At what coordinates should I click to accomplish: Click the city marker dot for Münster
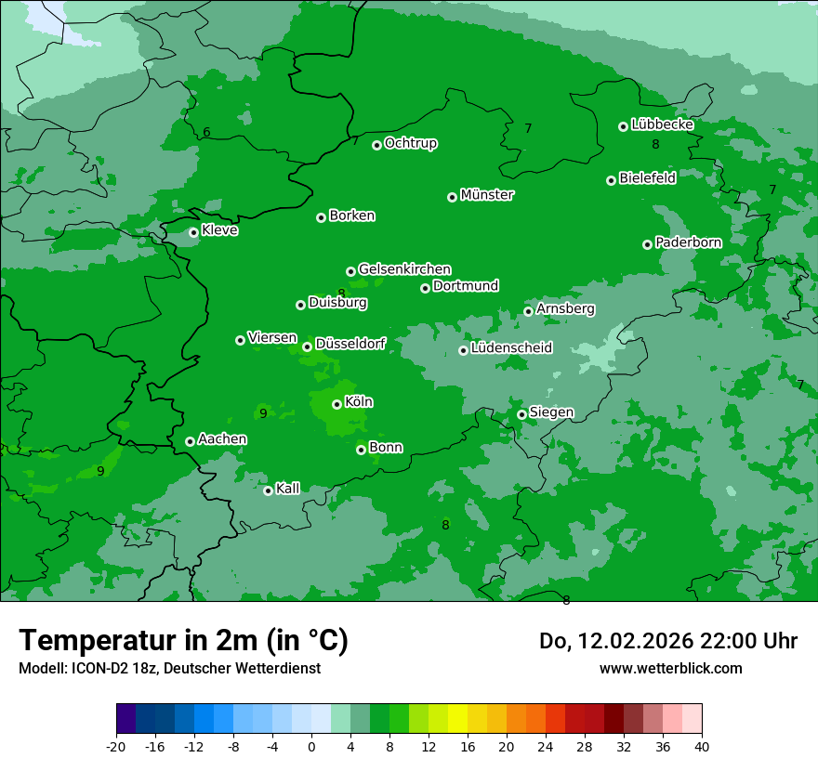pos(453,197)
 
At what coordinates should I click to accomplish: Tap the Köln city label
pos(359,402)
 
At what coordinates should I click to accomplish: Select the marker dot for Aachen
pos(190,441)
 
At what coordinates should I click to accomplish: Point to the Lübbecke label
pos(662,124)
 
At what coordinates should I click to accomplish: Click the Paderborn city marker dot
pos(647,244)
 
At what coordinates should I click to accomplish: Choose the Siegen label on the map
pos(551,412)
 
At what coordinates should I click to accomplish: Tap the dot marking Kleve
pos(193,232)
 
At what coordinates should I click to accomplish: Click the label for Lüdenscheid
pos(511,348)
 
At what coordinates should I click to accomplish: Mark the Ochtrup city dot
pos(376,145)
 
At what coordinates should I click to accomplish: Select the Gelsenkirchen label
pos(404,269)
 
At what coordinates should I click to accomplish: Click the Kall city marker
pos(268,490)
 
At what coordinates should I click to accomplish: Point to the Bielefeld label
pos(647,178)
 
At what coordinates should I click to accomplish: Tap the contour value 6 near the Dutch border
pos(206,133)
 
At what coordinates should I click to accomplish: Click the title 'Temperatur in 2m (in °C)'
pos(183,641)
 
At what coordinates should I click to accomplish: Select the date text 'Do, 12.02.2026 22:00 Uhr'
pos(667,641)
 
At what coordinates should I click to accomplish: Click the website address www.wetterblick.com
pos(670,668)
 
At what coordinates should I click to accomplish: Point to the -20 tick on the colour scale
pos(116,746)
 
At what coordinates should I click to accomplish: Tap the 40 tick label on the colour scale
pos(702,746)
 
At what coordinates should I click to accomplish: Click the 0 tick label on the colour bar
pos(311,746)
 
